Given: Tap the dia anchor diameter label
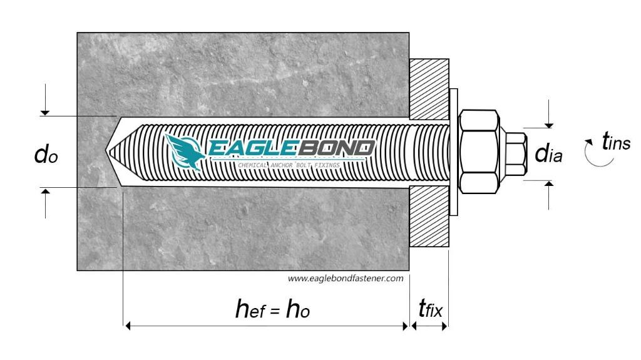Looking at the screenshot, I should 548,154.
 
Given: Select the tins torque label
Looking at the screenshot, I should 616,143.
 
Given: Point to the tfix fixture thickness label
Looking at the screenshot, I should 430,309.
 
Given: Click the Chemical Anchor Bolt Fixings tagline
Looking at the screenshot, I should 289,165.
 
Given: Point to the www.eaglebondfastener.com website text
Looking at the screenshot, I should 346,279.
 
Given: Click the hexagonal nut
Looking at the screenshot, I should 479,150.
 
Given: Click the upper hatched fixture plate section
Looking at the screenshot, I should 429,88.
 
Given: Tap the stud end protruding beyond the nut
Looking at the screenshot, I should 515,152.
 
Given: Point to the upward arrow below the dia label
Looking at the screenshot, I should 549,185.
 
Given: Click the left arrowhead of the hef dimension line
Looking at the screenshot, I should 128,326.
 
